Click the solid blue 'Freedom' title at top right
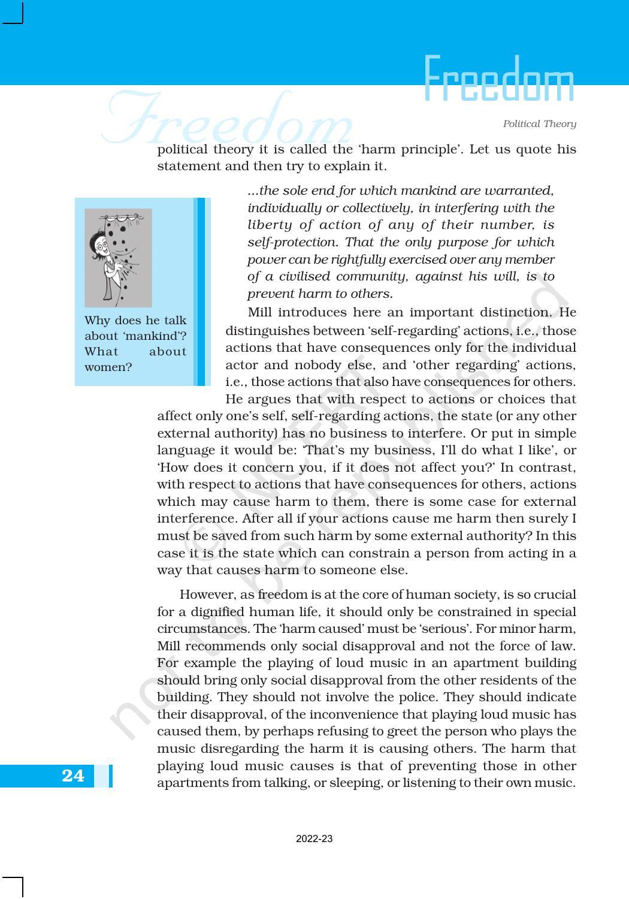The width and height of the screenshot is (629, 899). pos(498,80)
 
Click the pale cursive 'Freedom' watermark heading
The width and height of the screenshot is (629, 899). pos(228,120)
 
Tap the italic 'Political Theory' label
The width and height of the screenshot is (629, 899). pos(539,124)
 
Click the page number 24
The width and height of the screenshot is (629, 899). pos(73,776)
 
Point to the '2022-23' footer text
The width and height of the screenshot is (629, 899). pos(314,839)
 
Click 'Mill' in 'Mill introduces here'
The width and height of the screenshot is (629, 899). pos(260,313)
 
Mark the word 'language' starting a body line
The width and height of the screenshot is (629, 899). pos(181,451)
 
